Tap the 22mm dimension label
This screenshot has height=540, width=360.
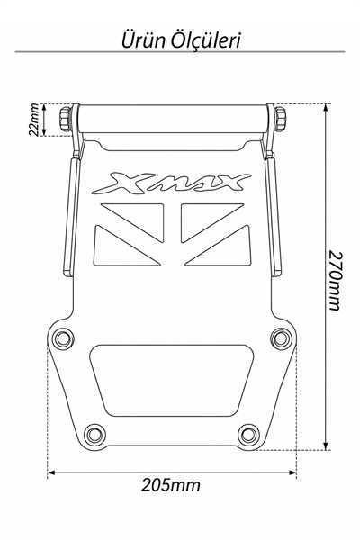(34, 120)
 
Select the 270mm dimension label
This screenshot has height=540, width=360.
(335, 280)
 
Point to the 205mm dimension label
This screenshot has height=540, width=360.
(171, 485)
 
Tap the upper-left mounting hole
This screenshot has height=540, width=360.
(62, 337)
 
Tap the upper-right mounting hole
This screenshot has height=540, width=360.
(281, 337)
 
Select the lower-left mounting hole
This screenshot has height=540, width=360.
(95, 435)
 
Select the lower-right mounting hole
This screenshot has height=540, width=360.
(248, 435)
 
